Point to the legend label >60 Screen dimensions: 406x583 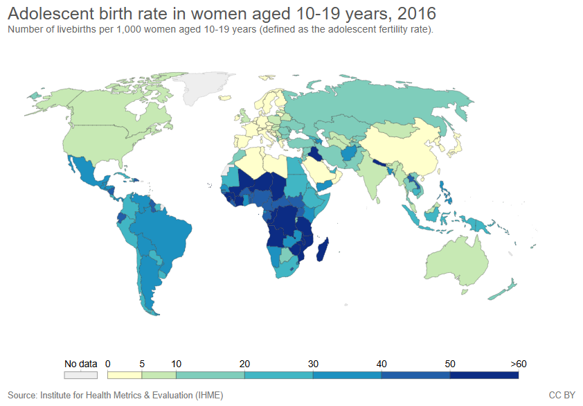pyautogui.click(x=519, y=364)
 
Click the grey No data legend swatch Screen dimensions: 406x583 pyautogui.click(x=81, y=375)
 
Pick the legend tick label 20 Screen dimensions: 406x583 pyautogui.click(x=244, y=364)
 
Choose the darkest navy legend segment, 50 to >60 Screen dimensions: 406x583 pyautogui.click(x=484, y=375)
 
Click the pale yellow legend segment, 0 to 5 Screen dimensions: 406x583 pyautogui.click(x=125, y=375)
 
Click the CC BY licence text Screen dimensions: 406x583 pyautogui.click(x=562, y=395)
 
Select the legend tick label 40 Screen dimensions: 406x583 pyautogui.click(x=382, y=364)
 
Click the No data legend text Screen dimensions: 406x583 pyautogui.click(x=80, y=364)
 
